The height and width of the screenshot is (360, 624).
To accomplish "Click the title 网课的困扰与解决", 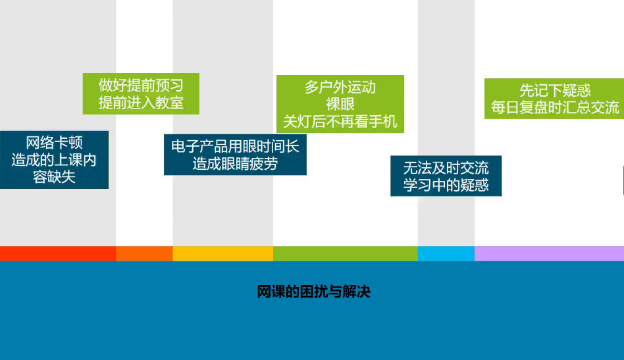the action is pos(313,292).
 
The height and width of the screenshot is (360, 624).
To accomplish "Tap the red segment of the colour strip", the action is pos(58,253).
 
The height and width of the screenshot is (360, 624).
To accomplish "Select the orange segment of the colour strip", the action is pos(144,253).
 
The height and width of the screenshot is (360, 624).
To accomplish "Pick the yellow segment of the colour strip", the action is pos(223,253).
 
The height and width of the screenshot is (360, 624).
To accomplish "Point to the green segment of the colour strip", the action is pos(346,253).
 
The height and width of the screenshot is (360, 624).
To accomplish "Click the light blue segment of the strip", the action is pos(446,253).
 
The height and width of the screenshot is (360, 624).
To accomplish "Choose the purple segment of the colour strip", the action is pos(549,253).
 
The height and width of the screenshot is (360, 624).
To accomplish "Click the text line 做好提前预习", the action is pos(141,85).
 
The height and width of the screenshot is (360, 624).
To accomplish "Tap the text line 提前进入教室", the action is pos(141,103).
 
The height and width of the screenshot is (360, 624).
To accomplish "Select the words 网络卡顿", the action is pos(54,142).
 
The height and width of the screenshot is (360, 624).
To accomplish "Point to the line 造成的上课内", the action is pos(54,159).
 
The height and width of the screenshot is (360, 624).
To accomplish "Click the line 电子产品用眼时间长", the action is pos(235,146).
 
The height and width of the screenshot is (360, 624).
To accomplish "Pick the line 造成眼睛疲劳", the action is pos(235,163).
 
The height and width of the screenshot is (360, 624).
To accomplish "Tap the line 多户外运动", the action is pos(340,87).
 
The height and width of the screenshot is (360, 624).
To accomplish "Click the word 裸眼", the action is pos(340,104).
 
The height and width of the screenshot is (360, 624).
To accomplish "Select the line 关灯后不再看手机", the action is pos(340,122).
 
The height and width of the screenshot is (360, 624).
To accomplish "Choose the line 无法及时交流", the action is pos(446,168).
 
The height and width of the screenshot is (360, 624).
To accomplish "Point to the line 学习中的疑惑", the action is pos(446,185).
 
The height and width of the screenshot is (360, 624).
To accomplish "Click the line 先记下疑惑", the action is pos(555,90).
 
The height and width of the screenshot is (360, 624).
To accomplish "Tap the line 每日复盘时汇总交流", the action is pos(555,107).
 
